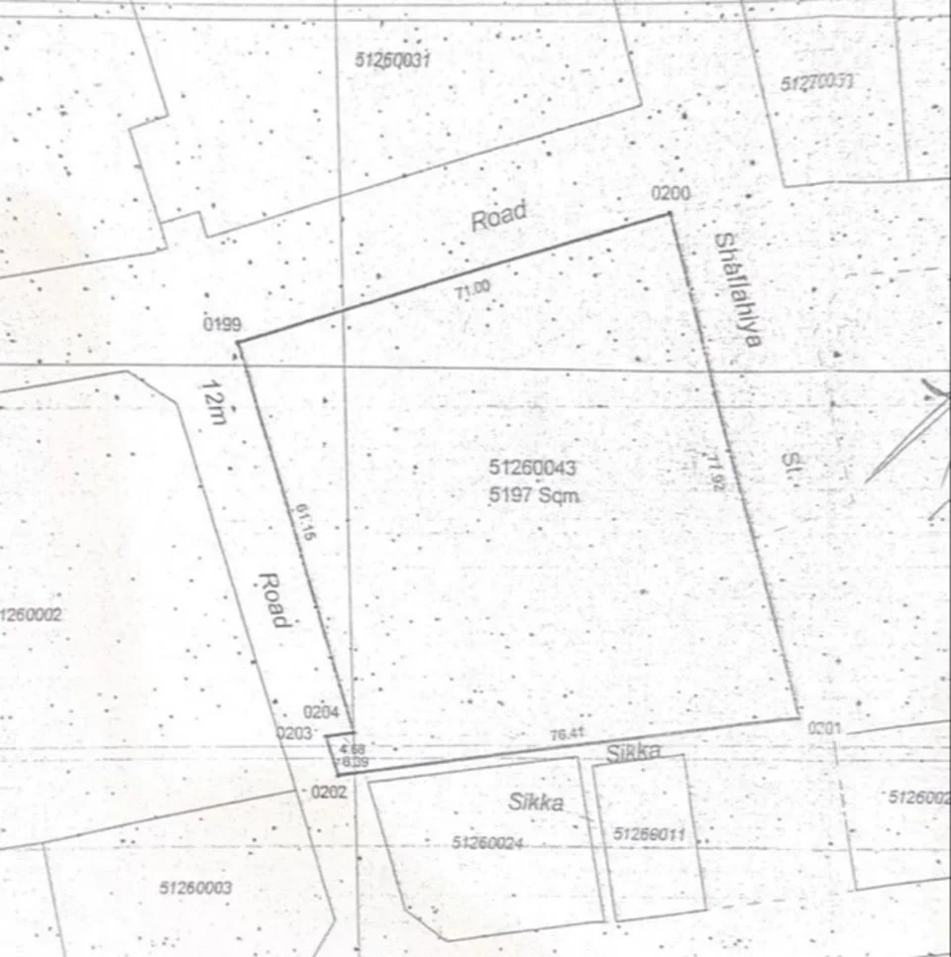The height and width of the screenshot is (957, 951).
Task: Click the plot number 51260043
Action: click(532, 468)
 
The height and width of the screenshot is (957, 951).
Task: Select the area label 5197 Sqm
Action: click(533, 494)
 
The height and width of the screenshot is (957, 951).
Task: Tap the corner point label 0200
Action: click(671, 193)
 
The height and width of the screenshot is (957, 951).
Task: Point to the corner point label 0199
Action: click(223, 325)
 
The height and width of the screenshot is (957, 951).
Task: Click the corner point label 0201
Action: click(824, 728)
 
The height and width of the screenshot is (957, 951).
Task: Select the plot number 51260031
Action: click(392, 60)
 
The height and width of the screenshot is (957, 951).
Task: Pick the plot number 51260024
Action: click(486, 843)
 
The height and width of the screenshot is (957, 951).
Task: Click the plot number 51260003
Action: click(195, 888)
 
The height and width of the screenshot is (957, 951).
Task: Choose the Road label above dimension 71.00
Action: click(498, 216)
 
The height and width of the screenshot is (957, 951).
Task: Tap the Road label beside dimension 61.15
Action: click(273, 599)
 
